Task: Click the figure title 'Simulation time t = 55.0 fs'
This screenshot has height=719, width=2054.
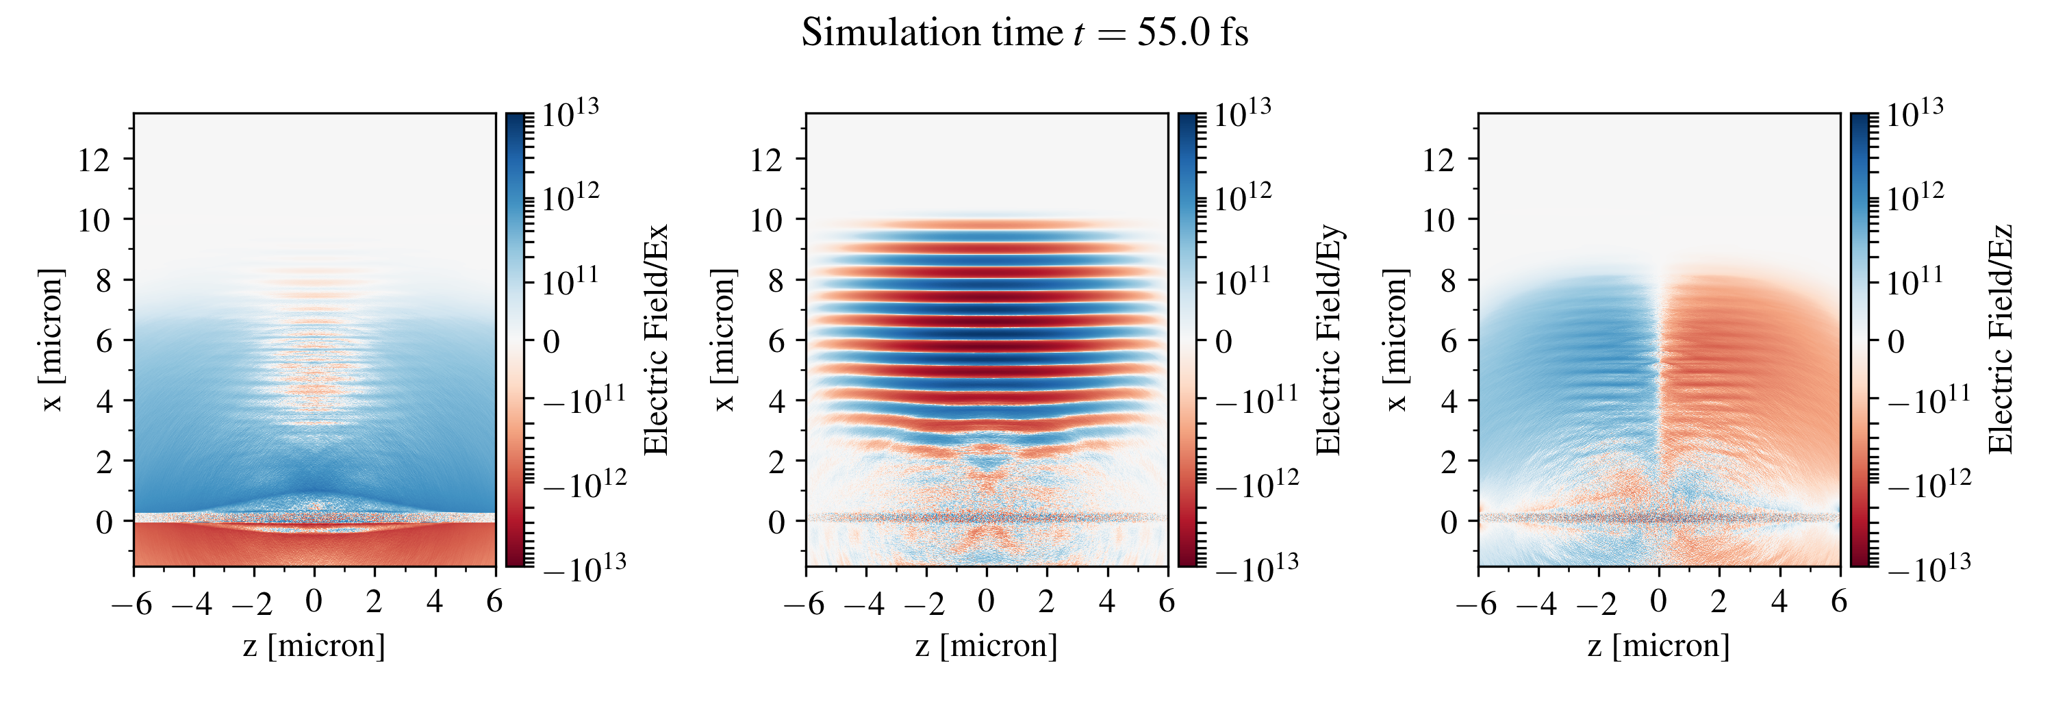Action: coord(1025,34)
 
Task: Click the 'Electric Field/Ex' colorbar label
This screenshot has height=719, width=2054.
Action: coord(655,340)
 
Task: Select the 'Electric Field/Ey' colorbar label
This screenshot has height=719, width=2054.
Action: coord(1328,340)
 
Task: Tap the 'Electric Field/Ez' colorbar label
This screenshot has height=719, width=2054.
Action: coord(2001,340)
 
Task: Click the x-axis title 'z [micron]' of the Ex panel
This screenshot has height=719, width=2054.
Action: coord(314,646)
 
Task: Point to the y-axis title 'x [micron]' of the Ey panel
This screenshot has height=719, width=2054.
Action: coord(724,340)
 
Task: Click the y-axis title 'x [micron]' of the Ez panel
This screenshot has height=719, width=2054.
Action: coord(1396,340)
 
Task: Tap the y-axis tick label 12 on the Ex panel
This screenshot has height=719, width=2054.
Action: coord(93,160)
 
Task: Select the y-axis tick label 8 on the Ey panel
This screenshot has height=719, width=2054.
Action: coord(775,281)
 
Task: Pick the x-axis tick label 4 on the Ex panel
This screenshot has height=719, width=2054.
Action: coord(435,602)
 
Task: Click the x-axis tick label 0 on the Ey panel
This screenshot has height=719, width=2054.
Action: coord(987,602)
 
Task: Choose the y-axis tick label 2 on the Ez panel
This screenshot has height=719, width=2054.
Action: coord(1448,462)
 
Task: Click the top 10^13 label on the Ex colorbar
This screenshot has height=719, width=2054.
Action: coord(570,114)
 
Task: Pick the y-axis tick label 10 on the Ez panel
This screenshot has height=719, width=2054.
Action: coord(1439,220)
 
